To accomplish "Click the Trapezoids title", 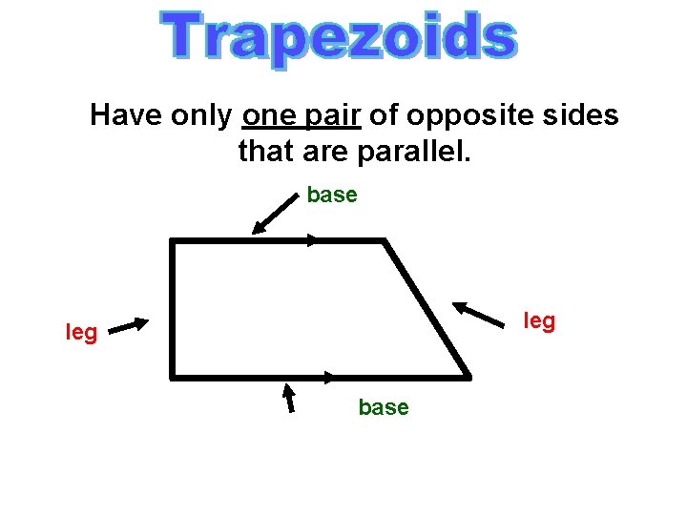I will (341, 38).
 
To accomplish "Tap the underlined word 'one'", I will (271, 116).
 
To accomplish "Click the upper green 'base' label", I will (332, 196).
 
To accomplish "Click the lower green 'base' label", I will (384, 407).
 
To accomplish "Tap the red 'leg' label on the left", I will (81, 333).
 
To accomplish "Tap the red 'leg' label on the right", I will (540, 321).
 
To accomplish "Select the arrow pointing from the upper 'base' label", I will (275, 212).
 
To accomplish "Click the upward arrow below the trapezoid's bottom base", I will (289, 397).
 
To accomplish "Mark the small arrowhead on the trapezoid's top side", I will (312, 240).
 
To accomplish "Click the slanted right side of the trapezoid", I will (426, 308).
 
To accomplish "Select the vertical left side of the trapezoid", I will (173, 308).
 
